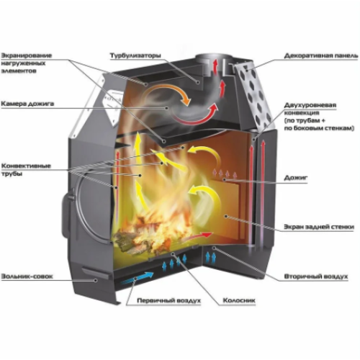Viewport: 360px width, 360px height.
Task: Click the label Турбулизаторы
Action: [135, 55]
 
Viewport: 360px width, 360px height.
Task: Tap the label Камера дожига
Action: [27, 104]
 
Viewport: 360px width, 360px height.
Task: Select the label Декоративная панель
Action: [321, 56]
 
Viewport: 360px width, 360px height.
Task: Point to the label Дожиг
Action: [296, 178]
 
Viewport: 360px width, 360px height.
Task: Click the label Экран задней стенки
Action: [319, 227]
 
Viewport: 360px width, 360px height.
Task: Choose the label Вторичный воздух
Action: [316, 276]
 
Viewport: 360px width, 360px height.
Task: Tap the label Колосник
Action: [239, 300]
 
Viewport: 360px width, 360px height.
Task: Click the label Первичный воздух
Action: [168, 301]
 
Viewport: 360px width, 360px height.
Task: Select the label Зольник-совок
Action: [27, 276]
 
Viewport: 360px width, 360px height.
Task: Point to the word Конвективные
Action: [26, 166]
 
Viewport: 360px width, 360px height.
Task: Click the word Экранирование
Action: [27, 55]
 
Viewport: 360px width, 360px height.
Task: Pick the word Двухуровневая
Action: [310, 105]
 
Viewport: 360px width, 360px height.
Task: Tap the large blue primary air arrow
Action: [137, 278]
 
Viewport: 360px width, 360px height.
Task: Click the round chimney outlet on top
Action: [214, 59]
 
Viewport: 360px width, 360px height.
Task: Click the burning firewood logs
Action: [149, 236]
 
